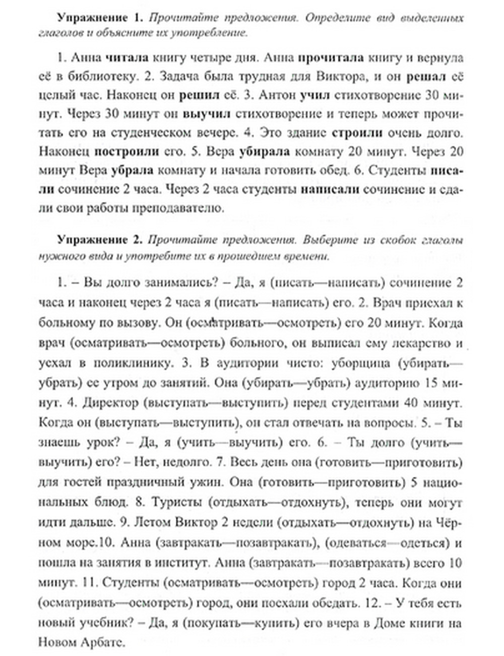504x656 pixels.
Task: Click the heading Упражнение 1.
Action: pyautogui.click(x=100, y=18)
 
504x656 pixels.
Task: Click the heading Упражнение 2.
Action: pyautogui.click(x=100, y=240)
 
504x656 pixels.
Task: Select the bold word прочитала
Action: pyautogui.click(x=332, y=58)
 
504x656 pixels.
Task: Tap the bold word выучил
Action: pyautogui.click(x=206, y=114)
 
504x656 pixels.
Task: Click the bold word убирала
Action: pyautogui.click(x=265, y=151)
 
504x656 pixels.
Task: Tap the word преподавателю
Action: pyautogui.click(x=177, y=208)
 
